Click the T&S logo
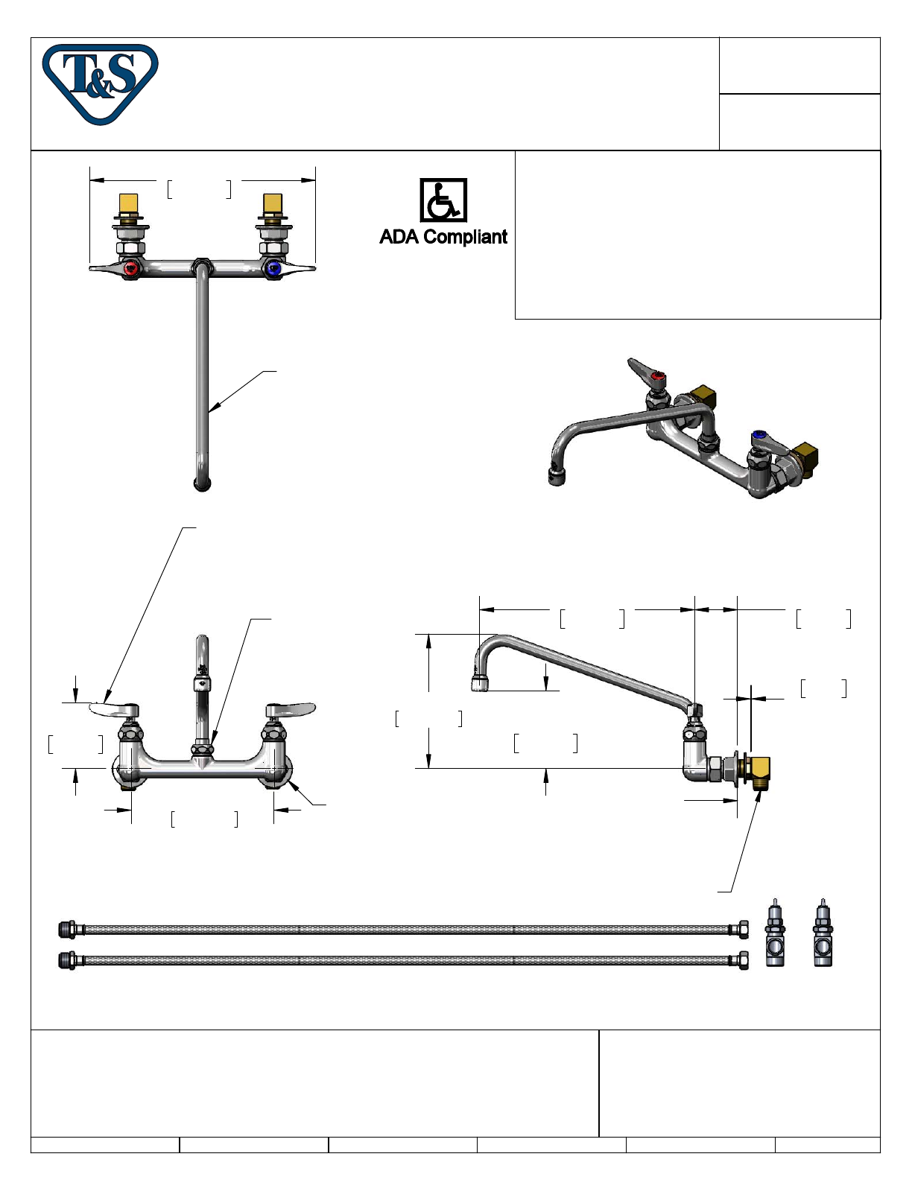click(x=101, y=84)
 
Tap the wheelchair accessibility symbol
click(x=443, y=200)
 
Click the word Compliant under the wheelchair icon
click(x=466, y=238)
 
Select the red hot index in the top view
click(x=131, y=269)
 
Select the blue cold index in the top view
click(x=273, y=269)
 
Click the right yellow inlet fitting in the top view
click(x=272, y=203)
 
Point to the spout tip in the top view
click(x=202, y=483)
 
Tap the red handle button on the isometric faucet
click(x=659, y=375)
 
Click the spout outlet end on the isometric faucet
click(x=557, y=477)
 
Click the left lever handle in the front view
click(x=114, y=708)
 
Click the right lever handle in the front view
click(x=291, y=708)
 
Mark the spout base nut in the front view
click(x=202, y=750)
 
